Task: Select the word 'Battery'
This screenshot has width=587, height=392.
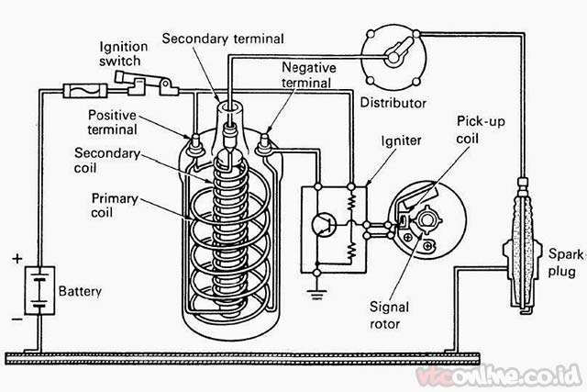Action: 81,292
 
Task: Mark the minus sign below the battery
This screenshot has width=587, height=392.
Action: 17,320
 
